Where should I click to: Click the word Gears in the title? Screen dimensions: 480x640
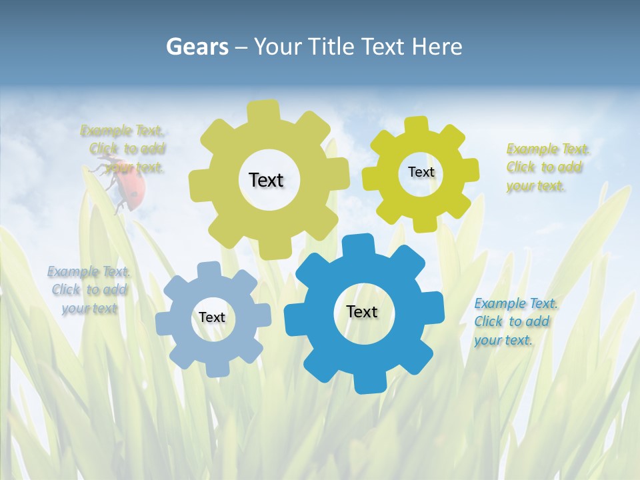pos(197,47)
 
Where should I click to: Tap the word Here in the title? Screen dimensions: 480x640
pos(437,47)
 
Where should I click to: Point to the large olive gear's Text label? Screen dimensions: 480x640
pos(266,180)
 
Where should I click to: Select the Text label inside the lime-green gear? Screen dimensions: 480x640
pos(421,172)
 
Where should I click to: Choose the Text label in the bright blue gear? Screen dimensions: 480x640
pos(362,311)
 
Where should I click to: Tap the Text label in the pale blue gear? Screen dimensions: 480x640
pos(212,317)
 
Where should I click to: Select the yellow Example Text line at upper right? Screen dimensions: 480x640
pos(547,149)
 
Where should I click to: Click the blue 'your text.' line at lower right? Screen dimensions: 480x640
pos(503,340)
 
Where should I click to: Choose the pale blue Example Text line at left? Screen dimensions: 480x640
pos(89,271)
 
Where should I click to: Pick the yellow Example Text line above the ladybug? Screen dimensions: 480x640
pos(122,131)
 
